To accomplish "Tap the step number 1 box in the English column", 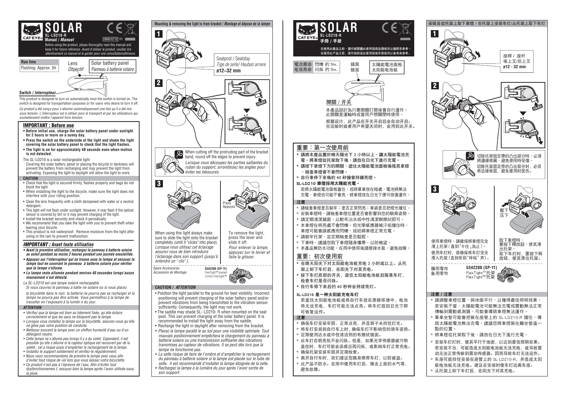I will click(158, 34).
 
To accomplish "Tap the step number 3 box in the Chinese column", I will click(435, 189).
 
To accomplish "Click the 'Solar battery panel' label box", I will click(112, 66).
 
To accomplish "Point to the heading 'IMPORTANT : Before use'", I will click(48, 125).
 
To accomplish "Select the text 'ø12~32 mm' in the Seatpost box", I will click(228, 71).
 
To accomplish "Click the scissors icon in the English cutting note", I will click(179, 154).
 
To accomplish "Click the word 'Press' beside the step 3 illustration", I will click(227, 203).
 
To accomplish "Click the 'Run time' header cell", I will click(28, 62).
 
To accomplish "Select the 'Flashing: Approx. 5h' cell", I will click(38, 68).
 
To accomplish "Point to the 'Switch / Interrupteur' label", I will click(37, 93).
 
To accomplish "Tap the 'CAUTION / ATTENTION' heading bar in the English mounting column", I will click(175, 287).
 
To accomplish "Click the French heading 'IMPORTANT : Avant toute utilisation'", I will click(58, 244).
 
